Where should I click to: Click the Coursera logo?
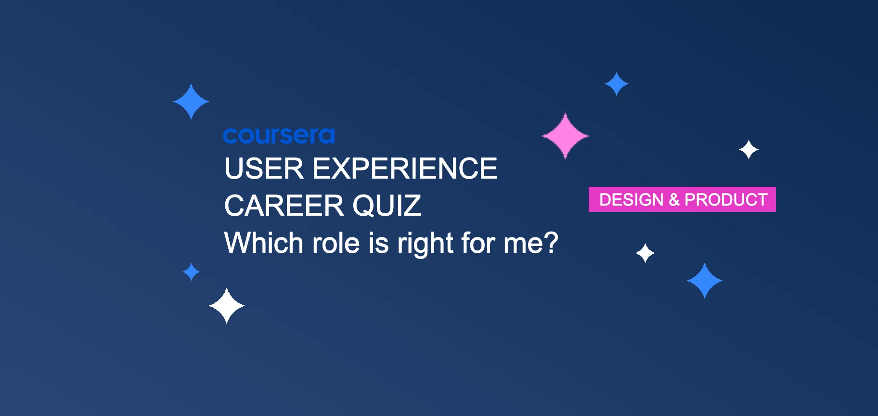tap(279, 136)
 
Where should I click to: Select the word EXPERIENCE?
tap(405, 169)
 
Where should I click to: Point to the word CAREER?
tap(284, 206)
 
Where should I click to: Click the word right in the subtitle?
tap(425, 244)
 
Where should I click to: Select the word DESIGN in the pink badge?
tap(631, 200)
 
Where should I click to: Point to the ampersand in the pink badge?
tap(674, 200)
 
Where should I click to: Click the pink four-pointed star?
tap(565, 136)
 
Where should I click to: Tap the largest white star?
tap(227, 306)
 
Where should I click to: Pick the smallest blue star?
tap(192, 272)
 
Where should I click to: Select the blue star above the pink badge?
tap(617, 84)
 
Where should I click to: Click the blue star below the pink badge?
tap(705, 281)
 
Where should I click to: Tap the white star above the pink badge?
tap(749, 150)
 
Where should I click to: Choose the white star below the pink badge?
tap(645, 253)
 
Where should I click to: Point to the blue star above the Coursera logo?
tap(191, 102)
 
